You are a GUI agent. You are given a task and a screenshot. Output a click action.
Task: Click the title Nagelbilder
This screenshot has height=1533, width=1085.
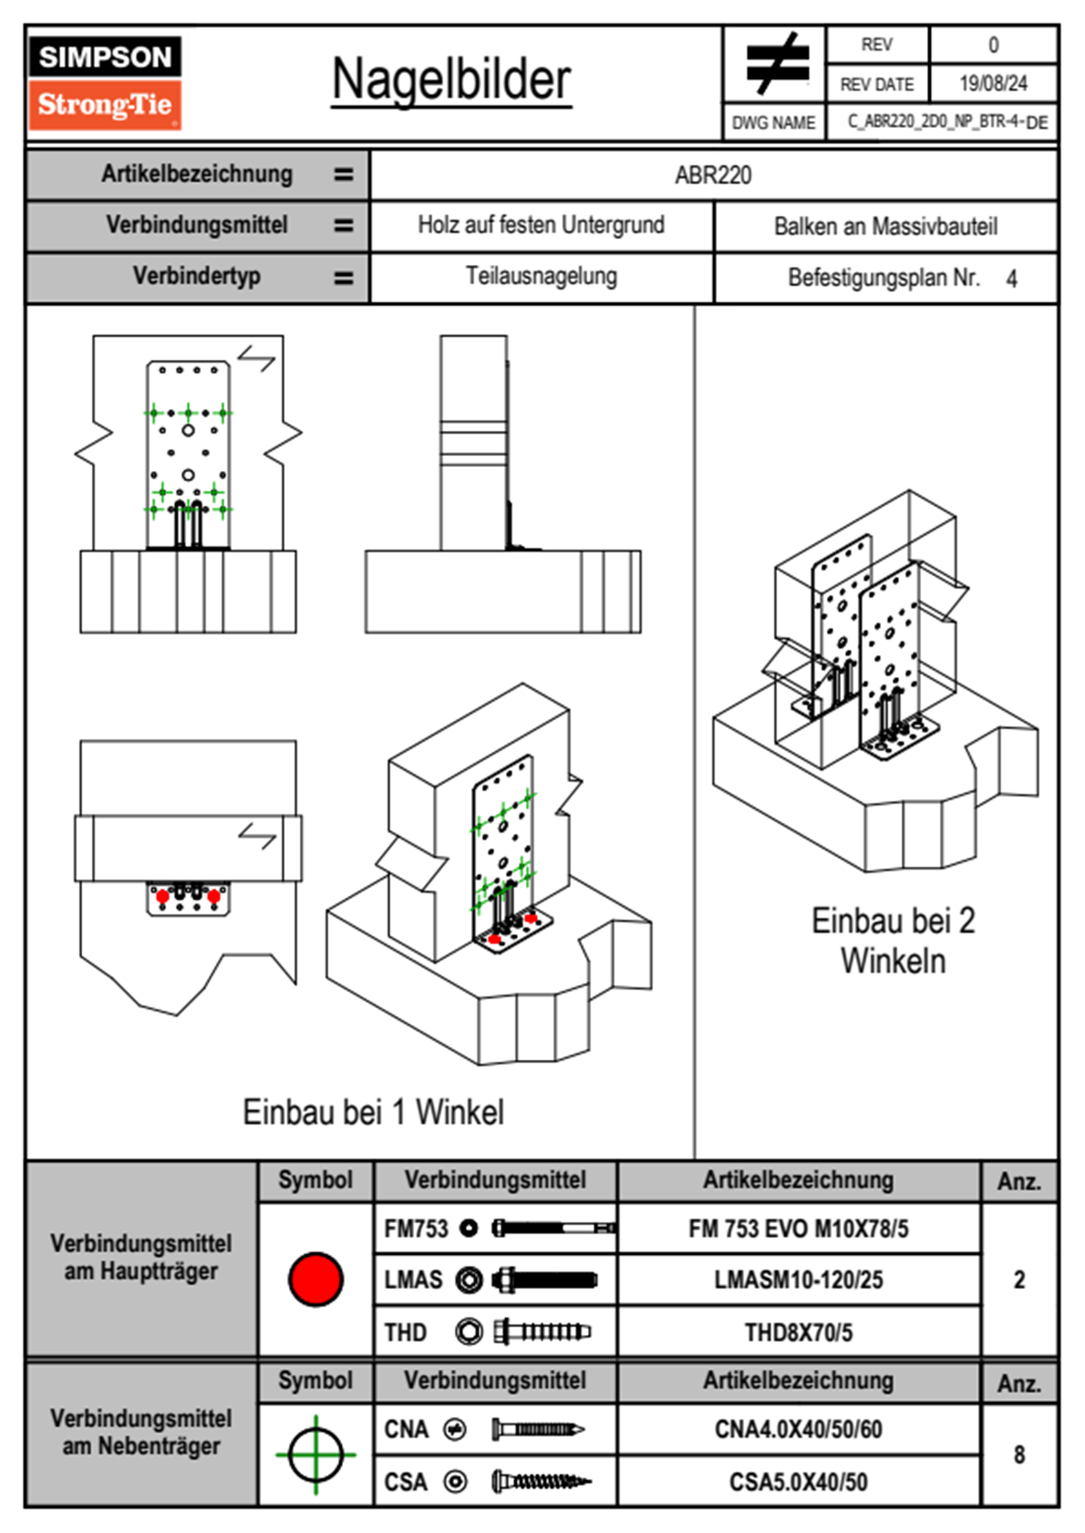(x=451, y=80)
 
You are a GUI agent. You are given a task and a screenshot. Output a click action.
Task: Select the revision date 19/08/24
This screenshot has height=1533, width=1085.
(x=993, y=84)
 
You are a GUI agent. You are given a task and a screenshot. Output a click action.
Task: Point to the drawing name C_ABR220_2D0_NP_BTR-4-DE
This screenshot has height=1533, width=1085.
(x=946, y=122)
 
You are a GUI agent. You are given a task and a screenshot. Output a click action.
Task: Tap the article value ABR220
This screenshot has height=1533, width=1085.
(x=713, y=175)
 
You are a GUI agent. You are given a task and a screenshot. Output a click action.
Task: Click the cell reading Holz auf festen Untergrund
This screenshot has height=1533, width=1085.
(x=541, y=225)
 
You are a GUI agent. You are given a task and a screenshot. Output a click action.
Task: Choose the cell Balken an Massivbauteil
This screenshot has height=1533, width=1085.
(x=885, y=226)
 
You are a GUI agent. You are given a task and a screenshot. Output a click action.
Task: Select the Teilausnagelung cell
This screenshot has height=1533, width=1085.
(x=541, y=276)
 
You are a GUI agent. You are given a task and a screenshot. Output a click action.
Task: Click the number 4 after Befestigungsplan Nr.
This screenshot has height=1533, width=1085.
(x=1011, y=279)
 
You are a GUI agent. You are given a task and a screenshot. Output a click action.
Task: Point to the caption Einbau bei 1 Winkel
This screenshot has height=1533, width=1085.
(x=373, y=1112)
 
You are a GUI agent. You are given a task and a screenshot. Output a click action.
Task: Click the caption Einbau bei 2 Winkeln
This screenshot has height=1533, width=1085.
(x=893, y=941)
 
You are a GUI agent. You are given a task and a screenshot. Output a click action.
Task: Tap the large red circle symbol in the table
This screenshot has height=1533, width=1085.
(x=315, y=1279)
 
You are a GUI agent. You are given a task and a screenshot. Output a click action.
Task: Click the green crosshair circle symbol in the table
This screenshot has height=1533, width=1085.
(x=315, y=1455)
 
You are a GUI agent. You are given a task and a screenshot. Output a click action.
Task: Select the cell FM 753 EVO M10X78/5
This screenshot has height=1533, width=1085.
(x=798, y=1229)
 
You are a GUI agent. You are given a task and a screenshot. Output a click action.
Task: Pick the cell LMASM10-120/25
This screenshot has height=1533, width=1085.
(x=798, y=1280)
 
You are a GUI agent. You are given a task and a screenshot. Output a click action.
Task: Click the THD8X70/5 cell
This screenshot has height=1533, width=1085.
(x=798, y=1332)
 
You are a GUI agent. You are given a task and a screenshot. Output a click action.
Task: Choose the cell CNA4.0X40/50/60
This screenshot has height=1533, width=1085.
(x=798, y=1429)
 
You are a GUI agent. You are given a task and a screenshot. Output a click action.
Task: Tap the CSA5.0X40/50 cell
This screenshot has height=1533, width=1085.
(x=798, y=1482)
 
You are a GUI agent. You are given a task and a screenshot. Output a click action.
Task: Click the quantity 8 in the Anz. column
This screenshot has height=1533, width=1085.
(x=1018, y=1455)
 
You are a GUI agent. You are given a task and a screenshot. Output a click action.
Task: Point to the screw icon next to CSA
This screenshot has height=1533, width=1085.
(x=541, y=1482)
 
